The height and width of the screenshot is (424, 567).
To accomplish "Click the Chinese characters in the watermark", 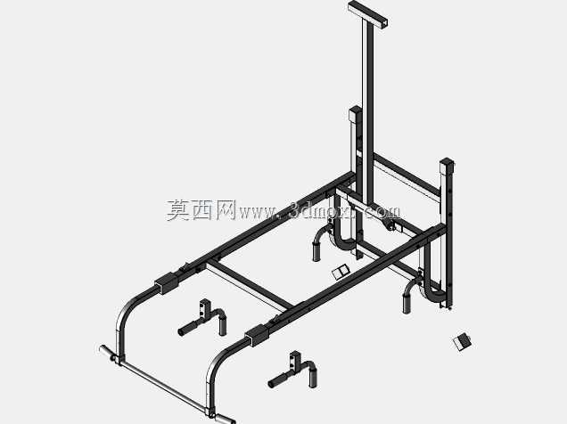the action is pyautogui.click(x=201, y=210).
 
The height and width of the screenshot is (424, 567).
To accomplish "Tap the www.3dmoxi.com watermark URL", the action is pyautogui.click(x=319, y=211).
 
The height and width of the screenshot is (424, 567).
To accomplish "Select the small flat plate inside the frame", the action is pyautogui.click(x=341, y=272).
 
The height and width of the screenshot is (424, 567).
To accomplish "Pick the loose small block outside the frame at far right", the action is pyautogui.click(x=462, y=342).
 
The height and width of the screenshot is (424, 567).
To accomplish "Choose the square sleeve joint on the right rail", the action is pyautogui.click(x=257, y=336).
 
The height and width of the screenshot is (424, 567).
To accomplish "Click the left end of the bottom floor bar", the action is pyautogui.click(x=105, y=350).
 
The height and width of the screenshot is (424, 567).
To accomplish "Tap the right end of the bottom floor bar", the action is pyautogui.click(x=225, y=420).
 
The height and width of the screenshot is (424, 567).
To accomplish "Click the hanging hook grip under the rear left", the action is pyautogui.click(x=320, y=245).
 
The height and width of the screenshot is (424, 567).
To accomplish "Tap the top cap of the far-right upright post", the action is pyautogui.click(x=447, y=162).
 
